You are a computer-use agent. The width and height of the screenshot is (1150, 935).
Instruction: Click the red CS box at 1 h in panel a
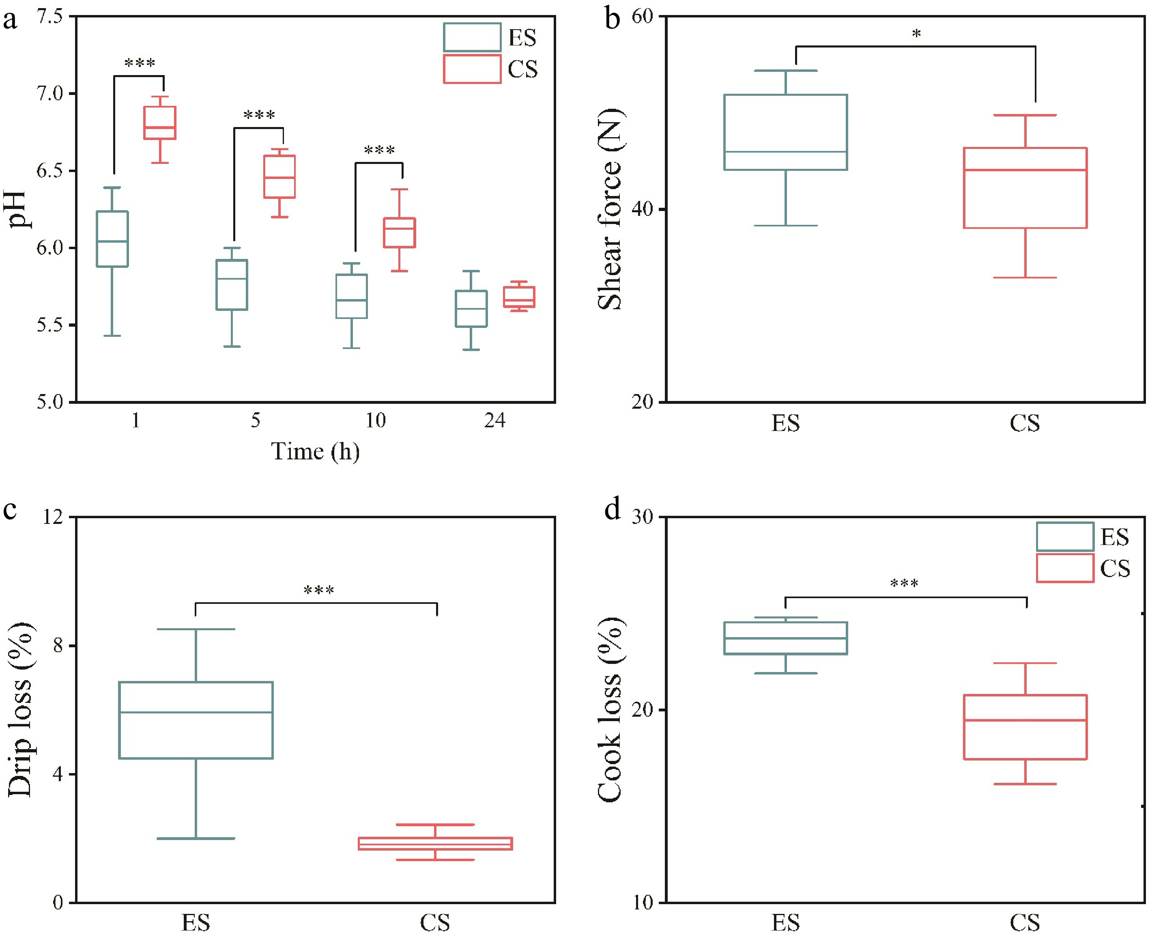tap(159, 123)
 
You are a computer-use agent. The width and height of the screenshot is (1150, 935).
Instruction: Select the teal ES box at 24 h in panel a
tap(471, 308)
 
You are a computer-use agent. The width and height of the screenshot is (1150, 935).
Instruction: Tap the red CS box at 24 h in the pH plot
tap(519, 297)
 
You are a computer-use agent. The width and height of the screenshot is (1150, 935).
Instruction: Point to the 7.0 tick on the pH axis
tap(49, 94)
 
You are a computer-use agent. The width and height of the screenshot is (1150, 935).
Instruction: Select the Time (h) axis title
tap(315, 451)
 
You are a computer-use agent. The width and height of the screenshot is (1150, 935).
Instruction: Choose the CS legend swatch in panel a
tap(472, 69)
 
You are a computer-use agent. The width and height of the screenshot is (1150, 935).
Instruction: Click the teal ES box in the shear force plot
tap(785, 132)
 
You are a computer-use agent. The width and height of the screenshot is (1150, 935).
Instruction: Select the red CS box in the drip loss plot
tap(435, 843)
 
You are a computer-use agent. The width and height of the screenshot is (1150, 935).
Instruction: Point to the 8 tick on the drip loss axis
tap(58, 645)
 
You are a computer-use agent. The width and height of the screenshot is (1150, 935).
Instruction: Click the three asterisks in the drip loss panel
tap(319, 591)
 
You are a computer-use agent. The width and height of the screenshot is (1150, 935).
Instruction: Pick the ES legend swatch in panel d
tap(1064, 536)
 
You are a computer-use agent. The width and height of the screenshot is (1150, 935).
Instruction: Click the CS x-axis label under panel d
tap(1025, 922)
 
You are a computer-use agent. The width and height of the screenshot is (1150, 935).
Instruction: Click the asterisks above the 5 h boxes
tap(259, 115)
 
